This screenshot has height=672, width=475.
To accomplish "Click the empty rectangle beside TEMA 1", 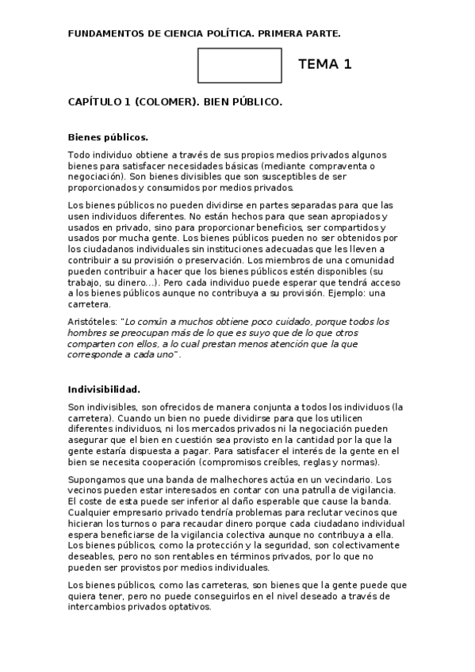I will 239,65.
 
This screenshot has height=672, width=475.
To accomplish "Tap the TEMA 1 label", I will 324,65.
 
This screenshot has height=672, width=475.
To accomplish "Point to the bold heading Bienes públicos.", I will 108,136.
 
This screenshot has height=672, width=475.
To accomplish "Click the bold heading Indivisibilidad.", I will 104,389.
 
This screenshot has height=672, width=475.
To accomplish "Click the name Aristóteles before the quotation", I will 94,321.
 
